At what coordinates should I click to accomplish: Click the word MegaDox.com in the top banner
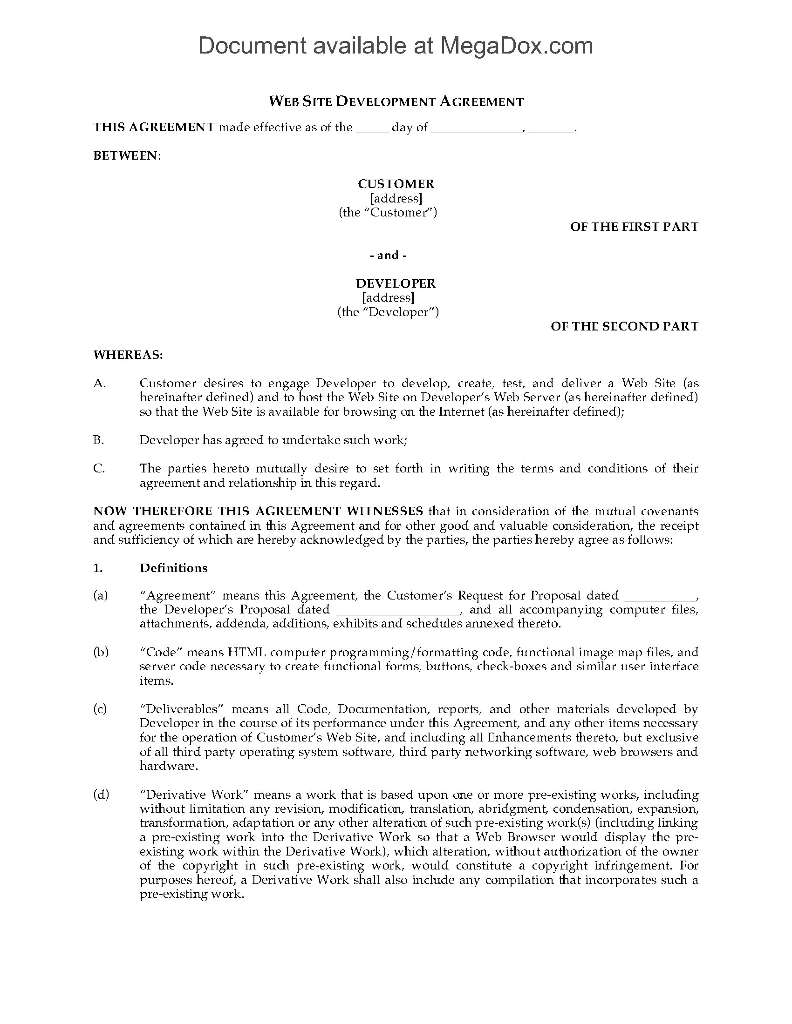coord(516,46)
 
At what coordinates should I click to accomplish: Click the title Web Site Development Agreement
coord(396,102)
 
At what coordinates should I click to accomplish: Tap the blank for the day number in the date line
coord(372,128)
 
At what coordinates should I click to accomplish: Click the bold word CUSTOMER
coord(396,184)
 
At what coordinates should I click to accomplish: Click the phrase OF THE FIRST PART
coord(634,227)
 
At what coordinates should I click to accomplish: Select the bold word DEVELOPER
coord(396,283)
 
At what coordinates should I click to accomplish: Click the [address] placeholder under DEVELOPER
coord(388,298)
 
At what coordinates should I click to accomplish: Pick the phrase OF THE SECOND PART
coord(624,326)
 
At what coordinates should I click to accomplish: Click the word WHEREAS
coord(128,355)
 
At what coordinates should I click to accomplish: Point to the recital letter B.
coord(98,440)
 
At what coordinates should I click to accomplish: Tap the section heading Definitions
coord(174,568)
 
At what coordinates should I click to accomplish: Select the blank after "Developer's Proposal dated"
coord(398,610)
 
